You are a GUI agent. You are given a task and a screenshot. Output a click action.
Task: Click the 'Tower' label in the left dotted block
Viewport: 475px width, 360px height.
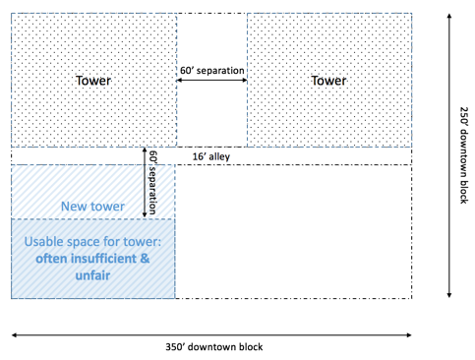tap(93, 80)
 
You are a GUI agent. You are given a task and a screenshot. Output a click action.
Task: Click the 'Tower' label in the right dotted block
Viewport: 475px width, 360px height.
tap(328, 80)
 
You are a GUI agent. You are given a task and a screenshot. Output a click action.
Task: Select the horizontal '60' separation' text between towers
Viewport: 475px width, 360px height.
tap(211, 71)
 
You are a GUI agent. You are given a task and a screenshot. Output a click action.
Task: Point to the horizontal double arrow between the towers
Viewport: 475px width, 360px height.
tap(211, 81)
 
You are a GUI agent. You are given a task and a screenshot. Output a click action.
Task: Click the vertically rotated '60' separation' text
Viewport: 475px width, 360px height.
tap(152, 183)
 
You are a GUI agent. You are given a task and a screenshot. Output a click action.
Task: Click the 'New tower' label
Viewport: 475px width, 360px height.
tap(92, 206)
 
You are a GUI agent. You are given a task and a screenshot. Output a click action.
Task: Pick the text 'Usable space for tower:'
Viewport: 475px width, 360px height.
tap(93, 243)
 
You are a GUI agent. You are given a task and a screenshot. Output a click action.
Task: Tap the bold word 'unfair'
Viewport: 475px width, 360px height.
tap(93, 275)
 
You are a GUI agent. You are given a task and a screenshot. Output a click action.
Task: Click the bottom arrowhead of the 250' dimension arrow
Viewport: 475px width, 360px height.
tap(447, 295)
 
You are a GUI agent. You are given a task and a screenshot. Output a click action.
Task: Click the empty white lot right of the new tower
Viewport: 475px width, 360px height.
tap(293, 231)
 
